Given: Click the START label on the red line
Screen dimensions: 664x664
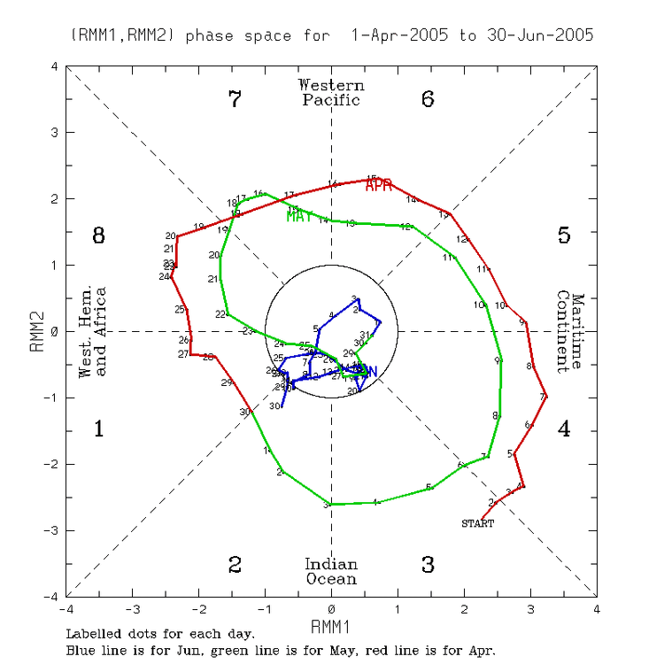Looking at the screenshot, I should tap(477, 523).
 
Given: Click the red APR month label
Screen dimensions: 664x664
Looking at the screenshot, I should tap(379, 184).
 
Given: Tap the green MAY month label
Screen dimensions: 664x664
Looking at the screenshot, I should tap(299, 215).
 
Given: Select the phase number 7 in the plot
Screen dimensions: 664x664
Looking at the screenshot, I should tap(235, 99).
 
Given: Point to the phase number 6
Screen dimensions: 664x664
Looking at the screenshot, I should tap(428, 99).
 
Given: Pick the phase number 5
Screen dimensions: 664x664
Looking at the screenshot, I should tap(564, 235).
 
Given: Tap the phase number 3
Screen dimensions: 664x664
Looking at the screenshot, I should tap(428, 565).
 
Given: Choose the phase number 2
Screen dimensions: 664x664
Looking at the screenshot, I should tap(235, 565).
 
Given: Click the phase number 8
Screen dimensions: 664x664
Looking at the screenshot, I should tap(99, 235).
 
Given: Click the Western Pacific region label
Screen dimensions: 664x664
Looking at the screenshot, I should tap(331, 92).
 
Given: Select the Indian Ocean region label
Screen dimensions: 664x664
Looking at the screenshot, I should tap(331, 572).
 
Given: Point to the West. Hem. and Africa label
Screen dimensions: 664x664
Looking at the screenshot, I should tap(93, 331).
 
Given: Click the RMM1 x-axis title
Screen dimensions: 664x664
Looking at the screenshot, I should tap(331, 626).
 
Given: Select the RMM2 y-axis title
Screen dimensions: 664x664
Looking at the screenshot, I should tap(38, 331).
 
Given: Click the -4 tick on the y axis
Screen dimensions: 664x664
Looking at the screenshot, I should tap(55, 596).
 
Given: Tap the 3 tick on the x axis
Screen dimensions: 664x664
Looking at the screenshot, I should tap(530, 609).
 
